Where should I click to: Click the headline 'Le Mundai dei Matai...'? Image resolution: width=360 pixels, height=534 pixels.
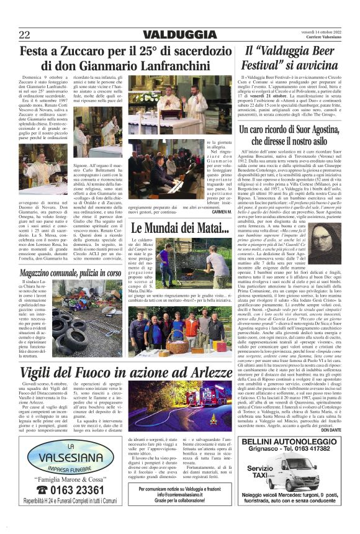(x=171, y=229)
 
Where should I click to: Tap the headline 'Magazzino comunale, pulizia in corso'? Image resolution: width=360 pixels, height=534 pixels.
(x=70, y=256)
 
